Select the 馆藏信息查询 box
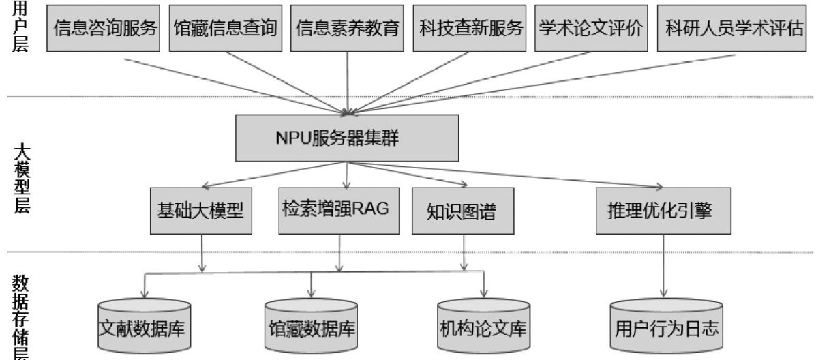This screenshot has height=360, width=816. tap(225, 28)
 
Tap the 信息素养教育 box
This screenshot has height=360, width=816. tap(348, 28)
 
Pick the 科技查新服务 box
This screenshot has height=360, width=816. tap(470, 28)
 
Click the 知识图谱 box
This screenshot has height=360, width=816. tap(464, 211)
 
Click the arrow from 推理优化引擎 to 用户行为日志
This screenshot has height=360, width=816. tap(663, 266)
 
